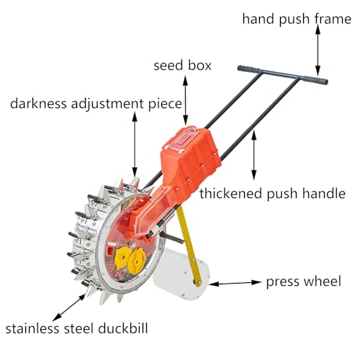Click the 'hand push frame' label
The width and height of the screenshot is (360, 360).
tap(297, 19)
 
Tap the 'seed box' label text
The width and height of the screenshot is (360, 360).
tap(182, 66)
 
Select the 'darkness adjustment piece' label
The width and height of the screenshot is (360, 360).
tap(96, 104)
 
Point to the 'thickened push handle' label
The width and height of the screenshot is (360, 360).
tap(272, 193)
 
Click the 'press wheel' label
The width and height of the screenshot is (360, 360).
tap(304, 282)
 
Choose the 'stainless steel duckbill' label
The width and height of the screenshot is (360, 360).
tap(76, 328)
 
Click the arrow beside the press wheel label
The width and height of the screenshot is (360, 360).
tap(235, 283)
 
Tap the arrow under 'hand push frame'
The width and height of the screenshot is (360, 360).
tap(318, 50)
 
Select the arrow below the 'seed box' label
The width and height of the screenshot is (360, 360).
tap(185, 100)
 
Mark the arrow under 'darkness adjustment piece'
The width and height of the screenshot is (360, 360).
tap(135, 145)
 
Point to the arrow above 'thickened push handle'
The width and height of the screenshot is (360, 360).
tap(254, 155)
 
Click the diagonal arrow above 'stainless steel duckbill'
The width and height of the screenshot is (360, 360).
tap(68, 307)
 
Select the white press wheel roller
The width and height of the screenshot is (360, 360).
tap(181, 274)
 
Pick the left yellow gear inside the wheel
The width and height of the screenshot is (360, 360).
tap(122, 258)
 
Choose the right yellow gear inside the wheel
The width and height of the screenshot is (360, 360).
tap(137, 261)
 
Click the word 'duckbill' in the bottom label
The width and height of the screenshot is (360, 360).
tap(123, 328)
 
